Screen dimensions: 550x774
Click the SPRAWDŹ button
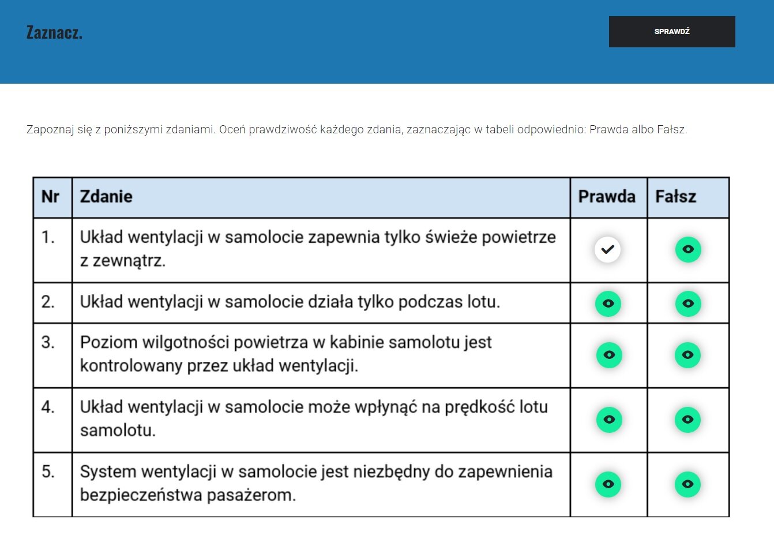click(x=672, y=32)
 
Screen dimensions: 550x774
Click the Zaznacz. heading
click(x=54, y=32)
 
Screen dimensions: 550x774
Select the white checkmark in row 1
click(x=607, y=249)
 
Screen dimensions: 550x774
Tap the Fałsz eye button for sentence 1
click(x=688, y=249)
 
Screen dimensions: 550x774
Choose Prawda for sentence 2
click(x=608, y=303)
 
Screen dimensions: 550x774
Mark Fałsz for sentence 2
click(x=688, y=303)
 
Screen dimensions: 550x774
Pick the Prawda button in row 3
click(x=608, y=354)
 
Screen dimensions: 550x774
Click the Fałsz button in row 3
click(x=687, y=354)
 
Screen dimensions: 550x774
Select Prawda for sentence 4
click(x=608, y=419)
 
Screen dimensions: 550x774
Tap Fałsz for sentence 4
click(x=687, y=419)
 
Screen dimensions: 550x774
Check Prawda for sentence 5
click(x=608, y=484)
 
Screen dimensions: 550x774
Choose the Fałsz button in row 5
click(x=687, y=484)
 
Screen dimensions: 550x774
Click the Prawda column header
click(x=607, y=197)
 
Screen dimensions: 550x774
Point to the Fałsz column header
click(x=675, y=197)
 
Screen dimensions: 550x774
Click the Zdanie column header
click(x=106, y=197)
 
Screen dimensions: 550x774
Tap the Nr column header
click(x=50, y=197)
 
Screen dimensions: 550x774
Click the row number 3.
click(x=48, y=342)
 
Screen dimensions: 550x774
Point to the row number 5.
click(x=48, y=472)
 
